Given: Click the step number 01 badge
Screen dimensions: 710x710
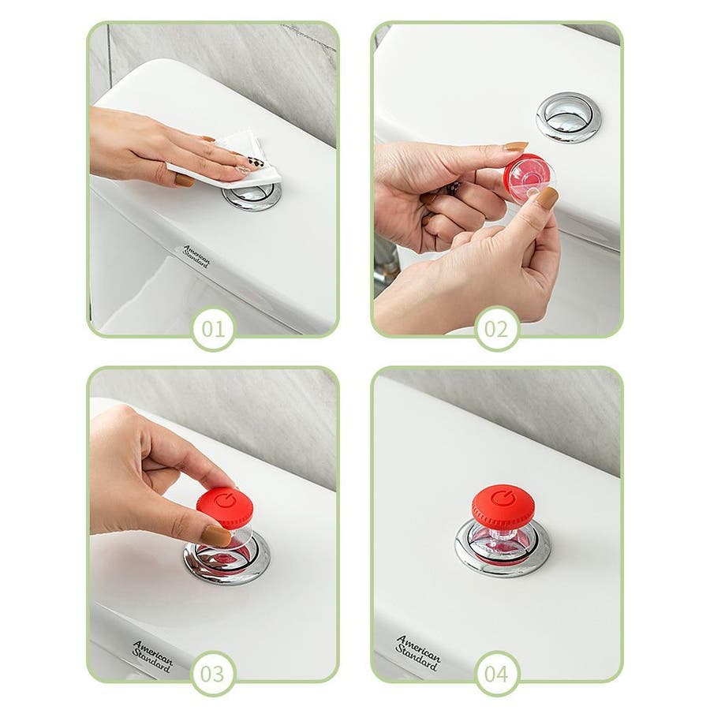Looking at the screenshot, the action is pyautogui.click(x=213, y=329).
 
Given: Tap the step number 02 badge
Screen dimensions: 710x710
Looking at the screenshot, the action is pyautogui.click(x=497, y=329).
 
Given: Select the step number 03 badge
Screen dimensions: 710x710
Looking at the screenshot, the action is pyautogui.click(x=213, y=674).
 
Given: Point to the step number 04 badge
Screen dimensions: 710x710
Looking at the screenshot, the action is pyautogui.click(x=497, y=674).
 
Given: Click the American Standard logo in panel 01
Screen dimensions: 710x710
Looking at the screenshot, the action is pyautogui.click(x=196, y=256).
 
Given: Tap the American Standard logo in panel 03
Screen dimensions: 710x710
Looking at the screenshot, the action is pyautogui.click(x=152, y=656).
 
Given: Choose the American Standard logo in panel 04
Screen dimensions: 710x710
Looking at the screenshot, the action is pyautogui.click(x=417, y=652).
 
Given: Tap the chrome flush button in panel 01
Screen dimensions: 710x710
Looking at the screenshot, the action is pyautogui.click(x=252, y=196).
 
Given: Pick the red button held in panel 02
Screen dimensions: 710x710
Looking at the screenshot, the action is pyautogui.click(x=528, y=175).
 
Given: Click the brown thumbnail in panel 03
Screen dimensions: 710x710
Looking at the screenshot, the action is pyautogui.click(x=216, y=536).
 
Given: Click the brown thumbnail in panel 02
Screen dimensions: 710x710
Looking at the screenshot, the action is pyautogui.click(x=547, y=198).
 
